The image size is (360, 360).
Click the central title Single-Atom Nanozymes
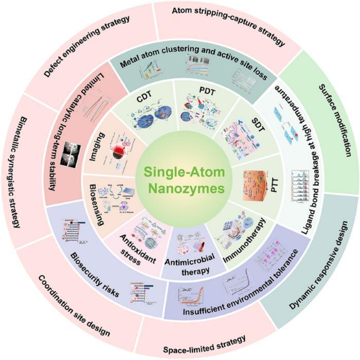click(179, 179)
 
